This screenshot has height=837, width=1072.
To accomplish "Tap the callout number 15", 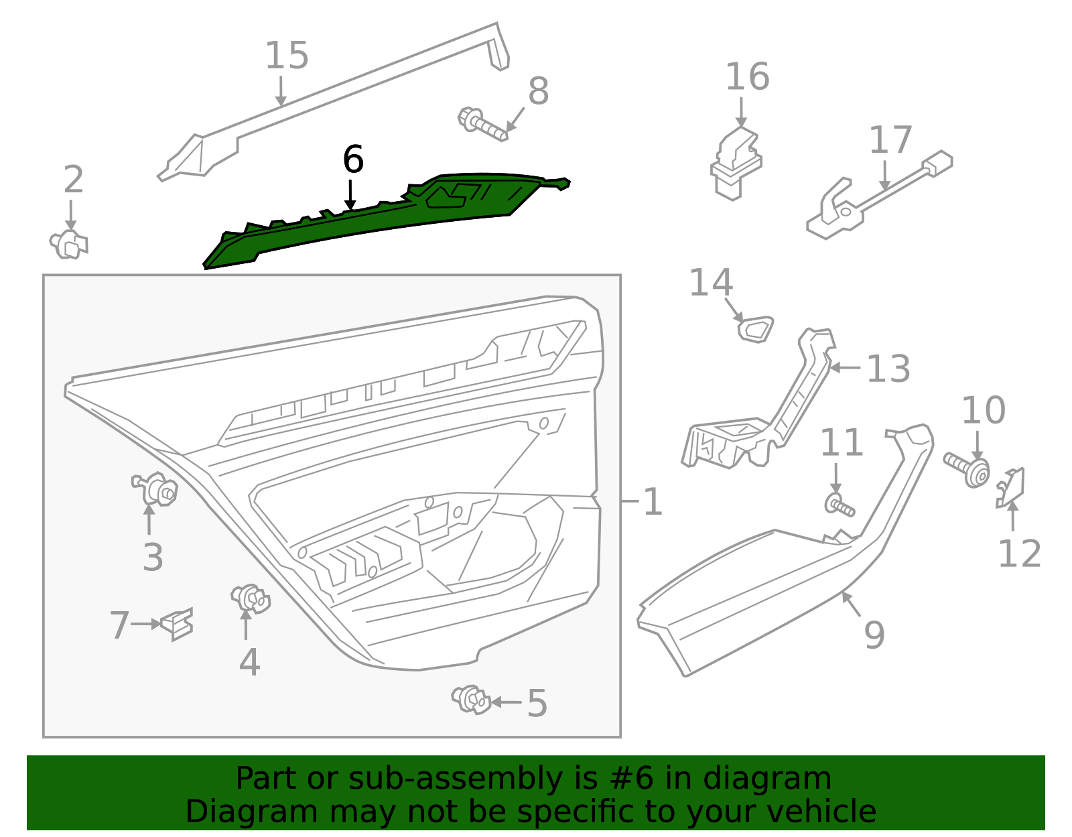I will pyautogui.click(x=287, y=56).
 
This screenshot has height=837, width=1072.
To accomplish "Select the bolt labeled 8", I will pyautogui.click(x=482, y=125).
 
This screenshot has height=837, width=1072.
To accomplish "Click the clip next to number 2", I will pyautogui.click(x=69, y=245).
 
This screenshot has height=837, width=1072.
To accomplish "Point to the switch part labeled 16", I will pyautogui.click(x=736, y=164).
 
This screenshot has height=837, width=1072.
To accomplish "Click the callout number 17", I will pyautogui.click(x=890, y=140).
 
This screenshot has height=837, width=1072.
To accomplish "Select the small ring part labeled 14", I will pyautogui.click(x=755, y=329).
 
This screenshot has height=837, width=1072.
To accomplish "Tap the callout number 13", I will pyautogui.click(x=888, y=369).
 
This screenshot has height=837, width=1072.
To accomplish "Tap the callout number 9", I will pyautogui.click(x=874, y=634).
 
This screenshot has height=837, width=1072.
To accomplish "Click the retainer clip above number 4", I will pyautogui.click(x=251, y=598).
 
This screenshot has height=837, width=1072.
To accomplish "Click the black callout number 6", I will pyautogui.click(x=353, y=160).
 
